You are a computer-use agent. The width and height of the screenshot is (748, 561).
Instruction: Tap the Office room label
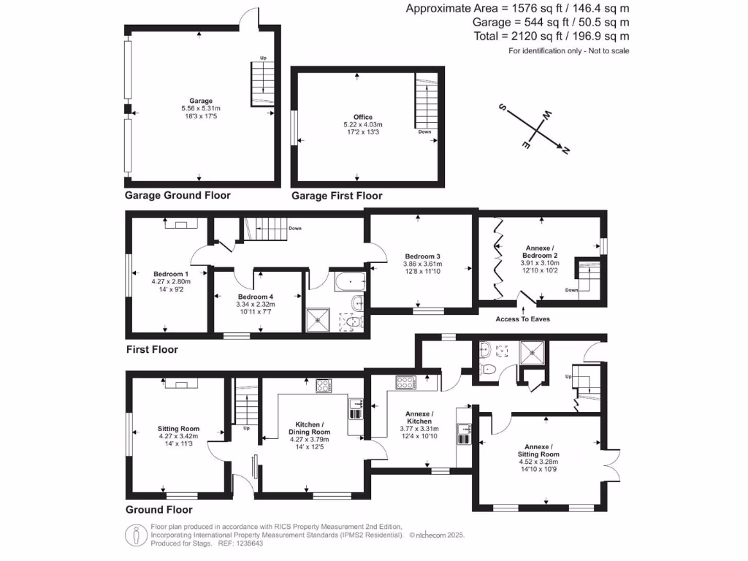(363, 117)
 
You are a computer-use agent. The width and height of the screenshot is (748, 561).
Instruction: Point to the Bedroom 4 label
(256, 297)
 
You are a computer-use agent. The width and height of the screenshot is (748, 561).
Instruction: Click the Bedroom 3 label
(422, 256)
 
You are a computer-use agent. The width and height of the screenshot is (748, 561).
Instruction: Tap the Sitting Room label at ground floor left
(178, 429)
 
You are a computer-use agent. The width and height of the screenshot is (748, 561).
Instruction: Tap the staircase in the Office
(424, 102)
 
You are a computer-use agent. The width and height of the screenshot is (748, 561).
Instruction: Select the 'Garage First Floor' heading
(336, 196)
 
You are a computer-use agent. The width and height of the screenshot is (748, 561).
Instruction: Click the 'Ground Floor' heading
(159, 510)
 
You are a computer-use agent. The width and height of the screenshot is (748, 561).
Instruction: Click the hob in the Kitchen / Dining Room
(324, 386)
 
